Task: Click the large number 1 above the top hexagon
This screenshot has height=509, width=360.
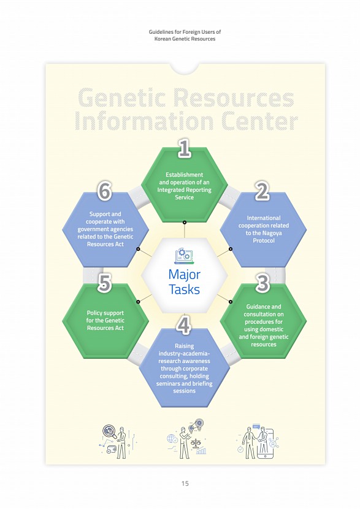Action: pyautogui.click(x=185, y=148)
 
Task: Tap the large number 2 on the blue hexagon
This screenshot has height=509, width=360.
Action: pyautogui.click(x=262, y=191)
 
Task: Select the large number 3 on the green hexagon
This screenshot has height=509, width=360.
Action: pyautogui.click(x=262, y=283)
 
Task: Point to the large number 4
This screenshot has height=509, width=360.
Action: pyautogui.click(x=184, y=325)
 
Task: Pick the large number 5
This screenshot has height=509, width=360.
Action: pyautogui.click(x=104, y=283)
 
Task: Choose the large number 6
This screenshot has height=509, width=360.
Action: pyautogui.click(x=104, y=191)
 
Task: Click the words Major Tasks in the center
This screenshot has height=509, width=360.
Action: pyautogui.click(x=184, y=281)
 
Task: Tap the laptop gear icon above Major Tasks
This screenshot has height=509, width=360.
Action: pyautogui.click(x=182, y=256)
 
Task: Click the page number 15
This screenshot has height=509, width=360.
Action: pyautogui.click(x=185, y=483)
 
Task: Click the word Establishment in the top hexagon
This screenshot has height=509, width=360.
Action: pyautogui.click(x=185, y=175)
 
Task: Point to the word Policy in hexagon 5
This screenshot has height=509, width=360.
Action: pyautogui.click(x=94, y=313)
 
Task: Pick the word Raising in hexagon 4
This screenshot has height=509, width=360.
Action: pyautogui.click(x=185, y=346)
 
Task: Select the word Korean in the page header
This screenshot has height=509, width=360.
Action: pyautogui.click(x=162, y=39)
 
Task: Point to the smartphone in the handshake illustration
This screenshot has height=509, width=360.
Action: pyautogui.click(x=265, y=443)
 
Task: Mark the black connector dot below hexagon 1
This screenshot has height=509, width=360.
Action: pyautogui.click(x=185, y=223)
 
